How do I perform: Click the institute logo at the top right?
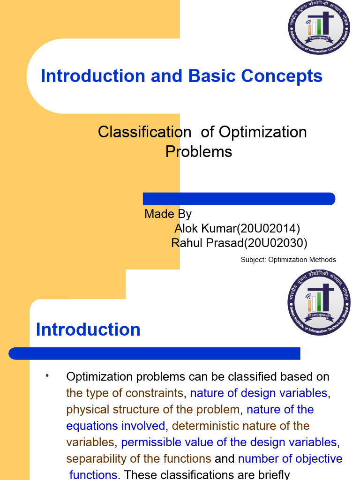[x=319, y=28]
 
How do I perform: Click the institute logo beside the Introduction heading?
[x=319, y=303]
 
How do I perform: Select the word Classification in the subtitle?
[x=144, y=132]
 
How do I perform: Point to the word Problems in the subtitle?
[x=199, y=152]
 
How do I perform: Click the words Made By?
[x=168, y=214]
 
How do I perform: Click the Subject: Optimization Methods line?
[x=288, y=260]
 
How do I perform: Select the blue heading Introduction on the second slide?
[x=88, y=330]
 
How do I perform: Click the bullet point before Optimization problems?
[x=47, y=376]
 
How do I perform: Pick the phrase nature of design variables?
[x=258, y=393]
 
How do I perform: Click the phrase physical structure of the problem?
[x=153, y=409]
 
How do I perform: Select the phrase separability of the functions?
[x=139, y=458]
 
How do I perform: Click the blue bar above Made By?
[x=239, y=199]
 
